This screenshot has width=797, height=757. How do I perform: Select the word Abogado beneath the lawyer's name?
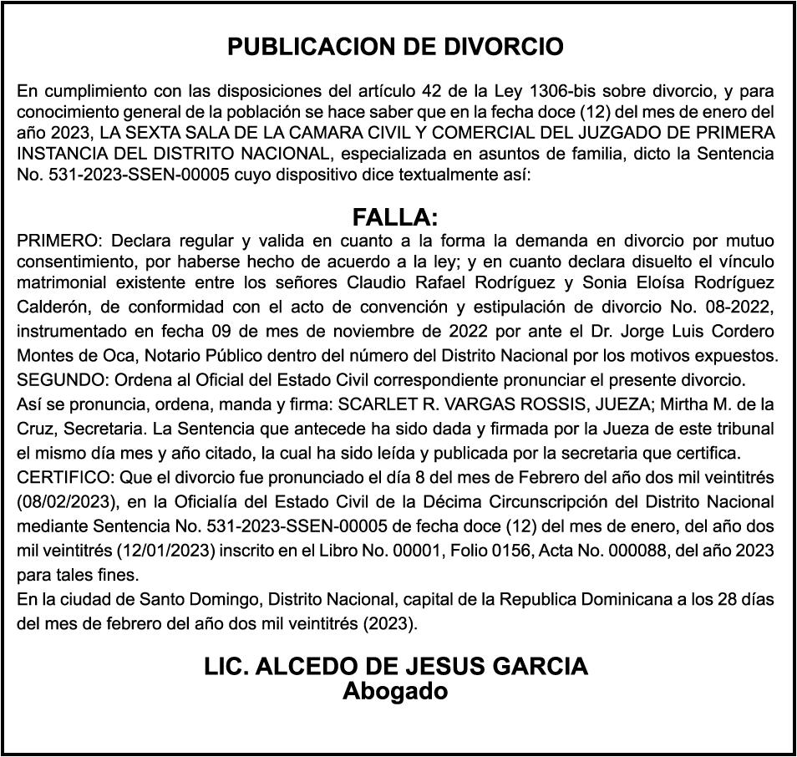pyautogui.click(x=395, y=692)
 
